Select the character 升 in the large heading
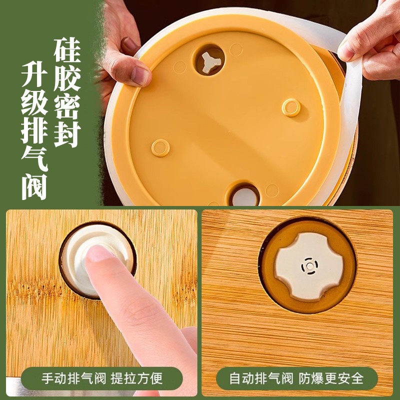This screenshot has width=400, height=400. click(34, 79)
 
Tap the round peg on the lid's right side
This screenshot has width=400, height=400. click(291, 107)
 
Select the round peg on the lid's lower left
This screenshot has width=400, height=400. click(160, 147)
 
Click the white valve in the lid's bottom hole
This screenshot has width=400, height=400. click(245, 196)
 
